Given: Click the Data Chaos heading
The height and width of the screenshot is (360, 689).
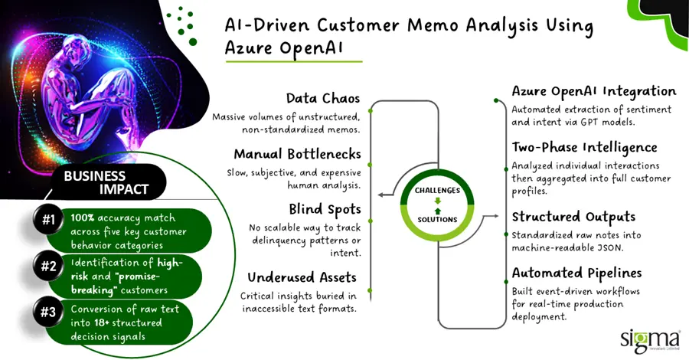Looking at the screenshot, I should point(322,99).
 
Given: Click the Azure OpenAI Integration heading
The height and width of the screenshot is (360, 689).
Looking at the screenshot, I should point(594,91).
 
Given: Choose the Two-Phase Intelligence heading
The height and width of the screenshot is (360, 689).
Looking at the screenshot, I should point(584,147).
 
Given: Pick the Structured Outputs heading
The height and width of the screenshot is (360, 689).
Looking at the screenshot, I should point(572,217).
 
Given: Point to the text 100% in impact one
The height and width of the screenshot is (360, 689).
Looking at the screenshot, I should point(83,217).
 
